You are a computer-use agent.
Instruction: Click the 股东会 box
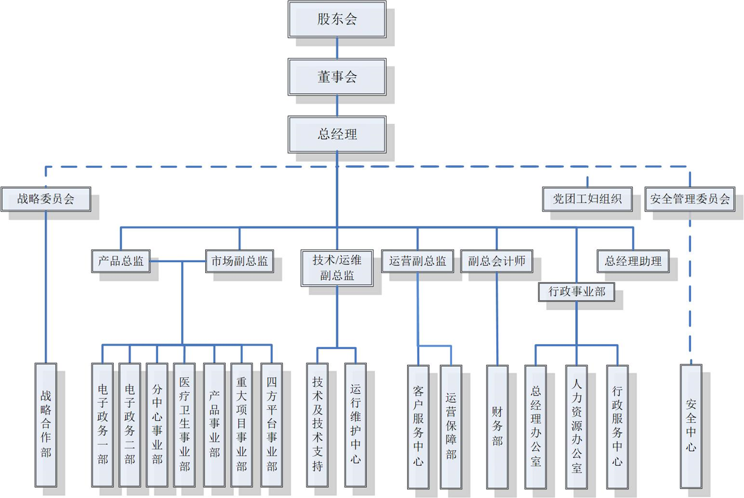coord(337,20)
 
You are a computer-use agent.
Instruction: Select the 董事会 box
coord(337,77)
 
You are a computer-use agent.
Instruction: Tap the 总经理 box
coord(337,134)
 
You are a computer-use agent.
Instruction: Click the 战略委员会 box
coord(46,199)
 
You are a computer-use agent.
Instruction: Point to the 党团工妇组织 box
coord(587,199)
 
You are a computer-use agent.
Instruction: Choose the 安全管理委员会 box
coord(690,199)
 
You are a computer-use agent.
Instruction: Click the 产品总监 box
coord(121,261)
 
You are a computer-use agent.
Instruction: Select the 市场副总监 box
coord(239,261)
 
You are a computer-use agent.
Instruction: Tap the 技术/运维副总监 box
coord(337,268)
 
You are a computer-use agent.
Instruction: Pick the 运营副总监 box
coord(417,261)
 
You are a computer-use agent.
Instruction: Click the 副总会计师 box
coord(496,261)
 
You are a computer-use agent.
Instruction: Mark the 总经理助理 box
coord(633,261)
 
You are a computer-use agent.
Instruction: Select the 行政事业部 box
coord(576,292)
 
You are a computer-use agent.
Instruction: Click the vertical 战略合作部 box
coord(46,425)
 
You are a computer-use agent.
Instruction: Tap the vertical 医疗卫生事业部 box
coord(185,425)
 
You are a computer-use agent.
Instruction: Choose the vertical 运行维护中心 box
coord(355,425)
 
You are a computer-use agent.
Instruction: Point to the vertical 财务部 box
coord(497,426)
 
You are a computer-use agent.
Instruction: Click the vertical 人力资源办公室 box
coord(576,426)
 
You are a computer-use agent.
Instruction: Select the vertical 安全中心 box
coord(691,426)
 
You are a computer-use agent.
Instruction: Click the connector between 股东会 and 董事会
coord(337,48)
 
